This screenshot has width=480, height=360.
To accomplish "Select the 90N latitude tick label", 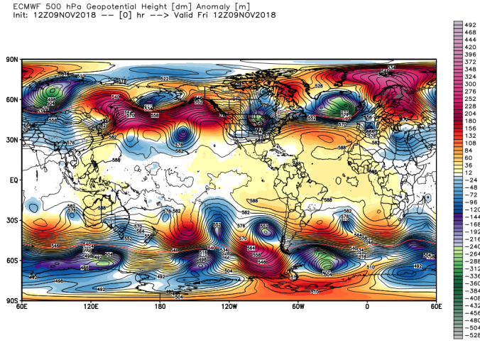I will coord(12,60).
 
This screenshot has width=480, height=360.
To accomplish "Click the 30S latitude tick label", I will coord(12,221).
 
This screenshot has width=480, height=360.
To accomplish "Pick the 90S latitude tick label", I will coord(12,301).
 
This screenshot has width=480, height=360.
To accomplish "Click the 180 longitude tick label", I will coord(160,307).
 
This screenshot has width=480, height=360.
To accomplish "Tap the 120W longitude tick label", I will coord(229,307).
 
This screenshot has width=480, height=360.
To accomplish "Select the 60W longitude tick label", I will coord(298,307).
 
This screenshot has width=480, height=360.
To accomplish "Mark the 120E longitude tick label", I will coord(91,307).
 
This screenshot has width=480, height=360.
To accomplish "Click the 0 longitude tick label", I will coord(366,307).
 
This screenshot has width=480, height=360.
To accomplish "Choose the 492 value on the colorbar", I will coord(469,23).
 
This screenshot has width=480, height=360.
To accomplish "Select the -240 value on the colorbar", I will coord(470,248).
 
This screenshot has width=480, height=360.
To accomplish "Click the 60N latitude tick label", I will coord(12,100).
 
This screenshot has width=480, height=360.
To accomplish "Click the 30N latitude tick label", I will coord(12,140).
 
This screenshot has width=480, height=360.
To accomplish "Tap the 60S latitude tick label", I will coord(12,261).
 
